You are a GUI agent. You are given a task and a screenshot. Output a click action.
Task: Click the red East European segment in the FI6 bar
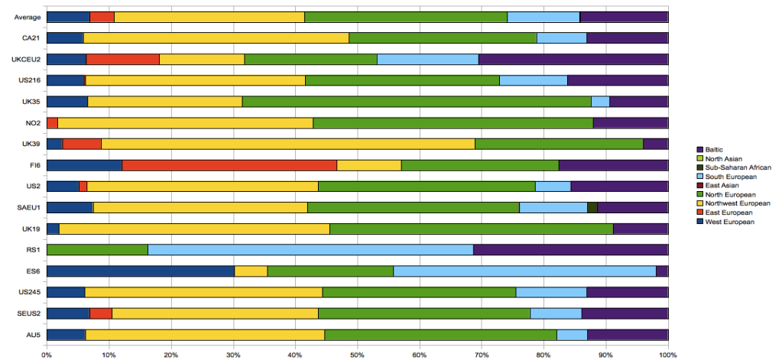click(229, 165)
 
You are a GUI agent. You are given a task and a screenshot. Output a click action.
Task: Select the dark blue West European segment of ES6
click(140, 271)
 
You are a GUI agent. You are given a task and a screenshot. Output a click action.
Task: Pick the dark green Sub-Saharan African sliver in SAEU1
click(592, 207)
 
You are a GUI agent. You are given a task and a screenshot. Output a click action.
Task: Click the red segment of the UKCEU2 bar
click(122, 59)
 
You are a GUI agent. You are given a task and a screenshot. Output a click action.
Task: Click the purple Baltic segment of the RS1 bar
click(570, 249)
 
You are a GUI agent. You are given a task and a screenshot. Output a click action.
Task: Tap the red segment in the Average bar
click(102, 17)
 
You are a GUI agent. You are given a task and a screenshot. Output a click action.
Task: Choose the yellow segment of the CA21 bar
click(216, 37)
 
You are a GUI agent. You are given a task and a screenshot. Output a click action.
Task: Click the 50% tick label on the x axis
click(357, 354)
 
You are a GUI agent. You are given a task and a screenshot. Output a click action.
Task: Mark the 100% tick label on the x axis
click(667, 354)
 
